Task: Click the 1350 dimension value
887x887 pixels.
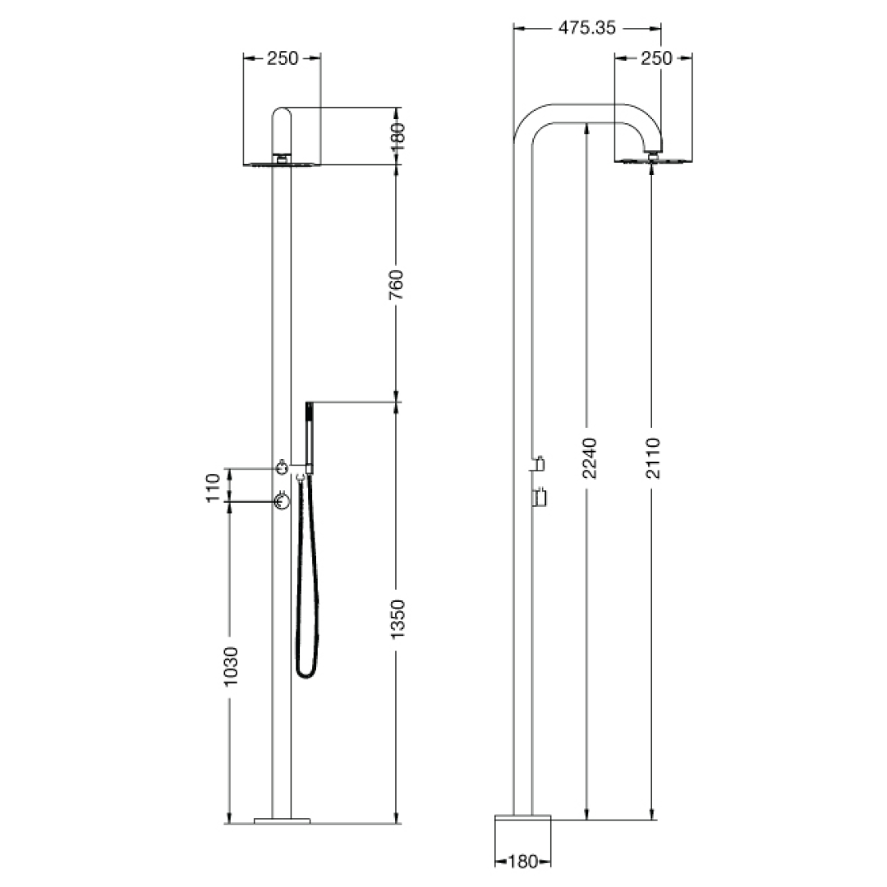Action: (x=397, y=618)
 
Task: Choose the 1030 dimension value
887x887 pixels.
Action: (x=231, y=668)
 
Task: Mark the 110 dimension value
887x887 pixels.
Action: (x=214, y=487)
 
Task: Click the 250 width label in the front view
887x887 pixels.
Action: (x=283, y=58)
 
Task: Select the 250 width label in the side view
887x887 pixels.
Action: (x=655, y=58)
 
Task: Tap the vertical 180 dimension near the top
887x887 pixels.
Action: (x=397, y=137)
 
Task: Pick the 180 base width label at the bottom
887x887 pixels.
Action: (x=522, y=861)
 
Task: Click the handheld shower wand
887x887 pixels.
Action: (x=309, y=435)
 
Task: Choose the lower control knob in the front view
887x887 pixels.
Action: (x=282, y=500)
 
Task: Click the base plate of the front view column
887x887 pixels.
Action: (x=283, y=819)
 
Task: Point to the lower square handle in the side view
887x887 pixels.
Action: (x=540, y=499)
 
